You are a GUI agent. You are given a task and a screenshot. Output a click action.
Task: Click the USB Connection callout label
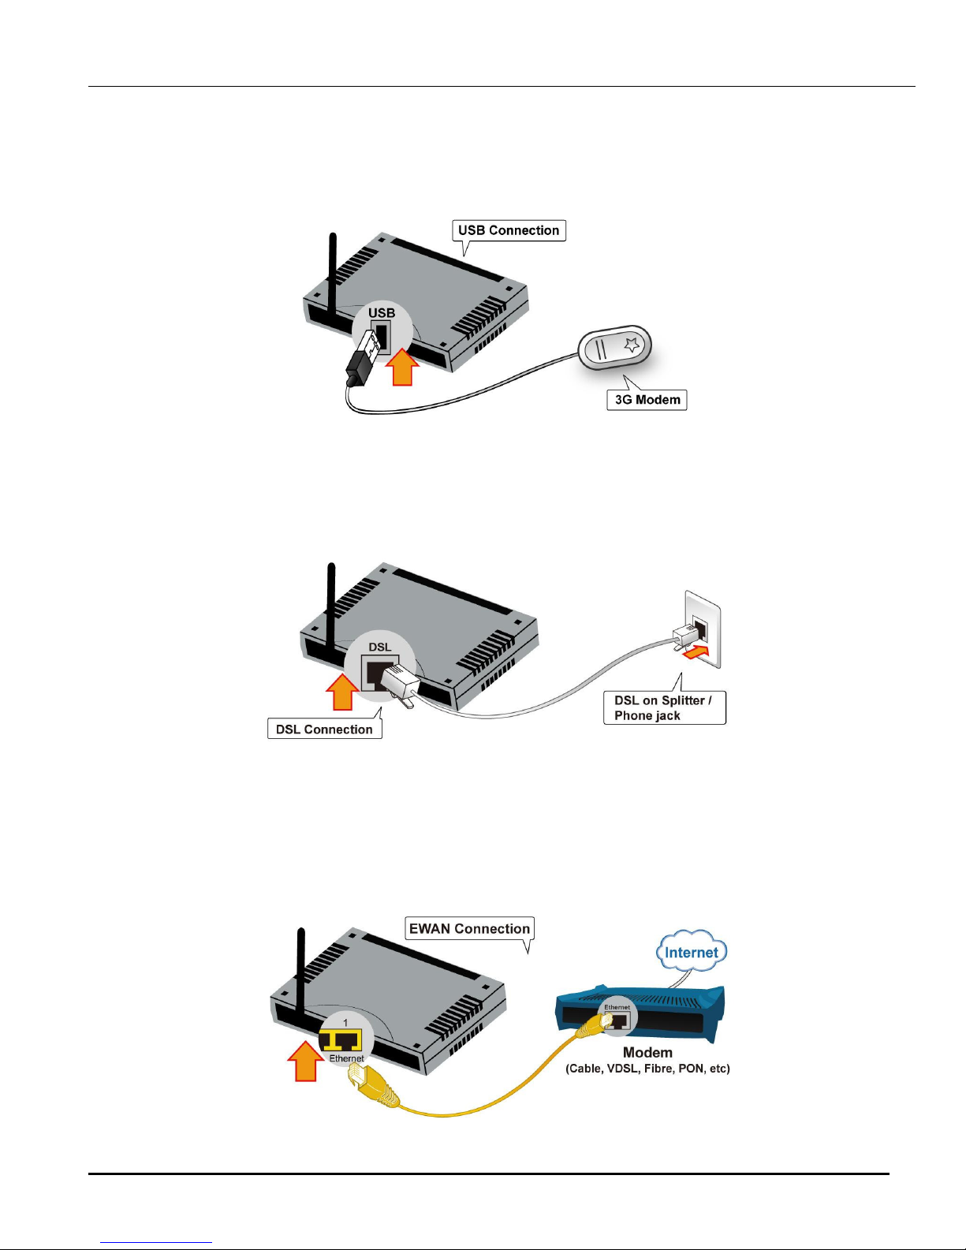point(509,230)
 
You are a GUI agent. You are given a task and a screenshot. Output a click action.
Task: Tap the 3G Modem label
point(647,400)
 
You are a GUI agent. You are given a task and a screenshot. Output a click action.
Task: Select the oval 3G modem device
point(615,347)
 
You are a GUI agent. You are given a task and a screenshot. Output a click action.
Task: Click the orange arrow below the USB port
point(402,368)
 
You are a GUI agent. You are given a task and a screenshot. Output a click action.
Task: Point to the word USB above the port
point(382,313)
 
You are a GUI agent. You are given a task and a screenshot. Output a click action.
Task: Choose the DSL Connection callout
point(324,729)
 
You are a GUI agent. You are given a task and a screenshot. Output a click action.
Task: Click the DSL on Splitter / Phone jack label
point(663,707)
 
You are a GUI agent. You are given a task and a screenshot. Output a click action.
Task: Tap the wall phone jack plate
point(703,628)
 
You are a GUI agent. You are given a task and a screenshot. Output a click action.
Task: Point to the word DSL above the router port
point(380,647)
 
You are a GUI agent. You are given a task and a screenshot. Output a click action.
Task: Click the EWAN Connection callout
point(469,929)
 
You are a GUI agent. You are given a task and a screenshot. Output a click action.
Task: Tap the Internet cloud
point(692,952)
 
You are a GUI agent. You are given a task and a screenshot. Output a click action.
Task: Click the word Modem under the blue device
point(647,1053)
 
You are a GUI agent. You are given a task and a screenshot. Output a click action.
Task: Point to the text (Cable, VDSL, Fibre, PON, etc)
point(647,1069)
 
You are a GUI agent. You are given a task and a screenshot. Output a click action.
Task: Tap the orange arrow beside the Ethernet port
point(304,1062)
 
